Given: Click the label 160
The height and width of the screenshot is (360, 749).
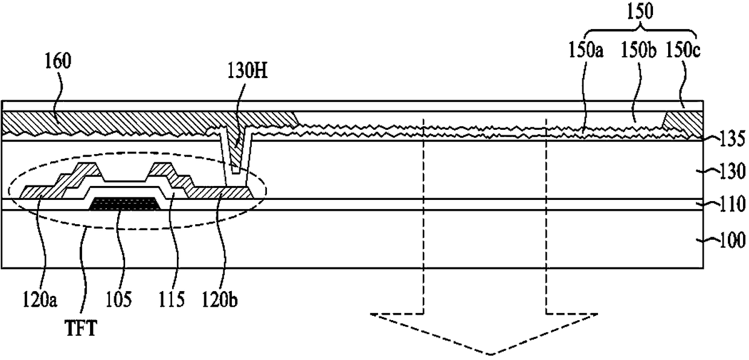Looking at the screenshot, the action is pyautogui.click(x=58, y=62).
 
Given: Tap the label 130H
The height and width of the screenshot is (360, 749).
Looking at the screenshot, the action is pyautogui.click(x=248, y=71).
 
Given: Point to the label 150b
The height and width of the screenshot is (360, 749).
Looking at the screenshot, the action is pyautogui.click(x=638, y=51).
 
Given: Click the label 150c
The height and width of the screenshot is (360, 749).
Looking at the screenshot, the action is pyautogui.click(x=683, y=51).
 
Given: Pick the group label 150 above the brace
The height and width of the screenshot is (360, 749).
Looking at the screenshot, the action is pyautogui.click(x=640, y=11).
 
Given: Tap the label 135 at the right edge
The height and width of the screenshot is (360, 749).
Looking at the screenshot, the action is pyautogui.click(x=733, y=138).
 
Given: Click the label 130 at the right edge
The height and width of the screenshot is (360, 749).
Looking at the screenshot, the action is pyautogui.click(x=733, y=172).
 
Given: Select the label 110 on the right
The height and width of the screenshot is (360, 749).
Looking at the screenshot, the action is pyautogui.click(x=733, y=204).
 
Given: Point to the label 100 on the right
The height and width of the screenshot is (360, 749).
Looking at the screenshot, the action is pyautogui.click(x=733, y=240).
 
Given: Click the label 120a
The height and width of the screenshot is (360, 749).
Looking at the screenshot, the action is pyautogui.click(x=40, y=299).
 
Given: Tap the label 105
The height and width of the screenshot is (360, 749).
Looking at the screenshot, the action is pyautogui.click(x=119, y=299).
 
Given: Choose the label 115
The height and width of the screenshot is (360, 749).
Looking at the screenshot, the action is pyautogui.click(x=172, y=299).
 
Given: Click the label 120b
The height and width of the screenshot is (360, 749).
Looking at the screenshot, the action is pyautogui.click(x=219, y=299).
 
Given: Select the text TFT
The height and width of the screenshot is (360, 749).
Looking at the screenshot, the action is pyautogui.click(x=81, y=329).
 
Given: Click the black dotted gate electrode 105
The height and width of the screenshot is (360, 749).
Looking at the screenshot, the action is pyautogui.click(x=124, y=204).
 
